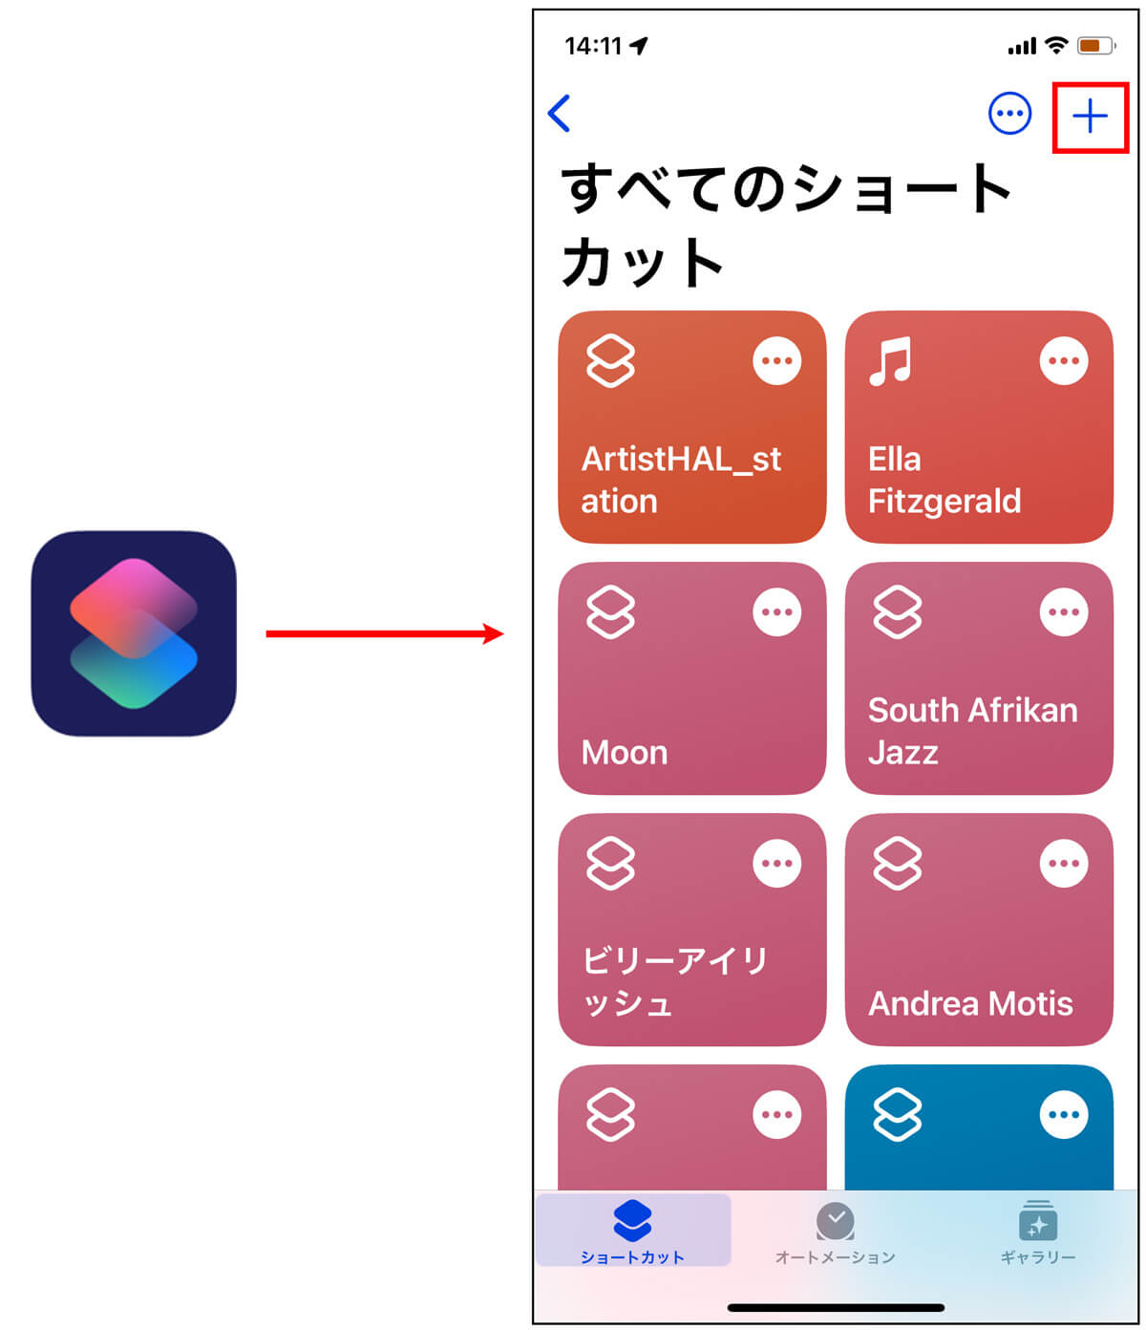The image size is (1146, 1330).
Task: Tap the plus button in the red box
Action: (x=1090, y=117)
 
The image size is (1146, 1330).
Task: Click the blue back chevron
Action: (x=560, y=114)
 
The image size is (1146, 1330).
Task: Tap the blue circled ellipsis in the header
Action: (x=1009, y=115)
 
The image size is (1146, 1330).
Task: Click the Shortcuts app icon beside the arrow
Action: (x=134, y=633)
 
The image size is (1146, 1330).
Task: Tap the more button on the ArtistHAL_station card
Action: (x=776, y=361)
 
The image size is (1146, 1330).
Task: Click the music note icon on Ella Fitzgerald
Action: (x=890, y=361)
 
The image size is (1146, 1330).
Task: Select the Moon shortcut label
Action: (x=625, y=753)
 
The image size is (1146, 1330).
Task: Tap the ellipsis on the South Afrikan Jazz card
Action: (x=1063, y=612)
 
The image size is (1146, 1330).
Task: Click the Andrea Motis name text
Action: (x=970, y=1003)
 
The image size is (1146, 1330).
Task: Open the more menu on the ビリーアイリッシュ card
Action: (x=776, y=864)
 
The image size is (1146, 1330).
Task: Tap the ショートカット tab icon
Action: (x=632, y=1220)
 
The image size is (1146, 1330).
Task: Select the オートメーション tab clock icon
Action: (x=836, y=1220)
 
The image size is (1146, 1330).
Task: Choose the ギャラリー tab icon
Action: (x=1038, y=1220)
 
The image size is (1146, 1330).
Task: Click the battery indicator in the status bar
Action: (x=1094, y=46)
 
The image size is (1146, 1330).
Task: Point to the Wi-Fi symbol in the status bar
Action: (x=1055, y=46)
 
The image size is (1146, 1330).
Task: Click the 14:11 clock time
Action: (x=593, y=46)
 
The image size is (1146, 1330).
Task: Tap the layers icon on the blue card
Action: (x=898, y=1114)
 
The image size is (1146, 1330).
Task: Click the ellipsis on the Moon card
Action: (x=776, y=612)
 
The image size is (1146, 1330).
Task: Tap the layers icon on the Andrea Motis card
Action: (x=898, y=864)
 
